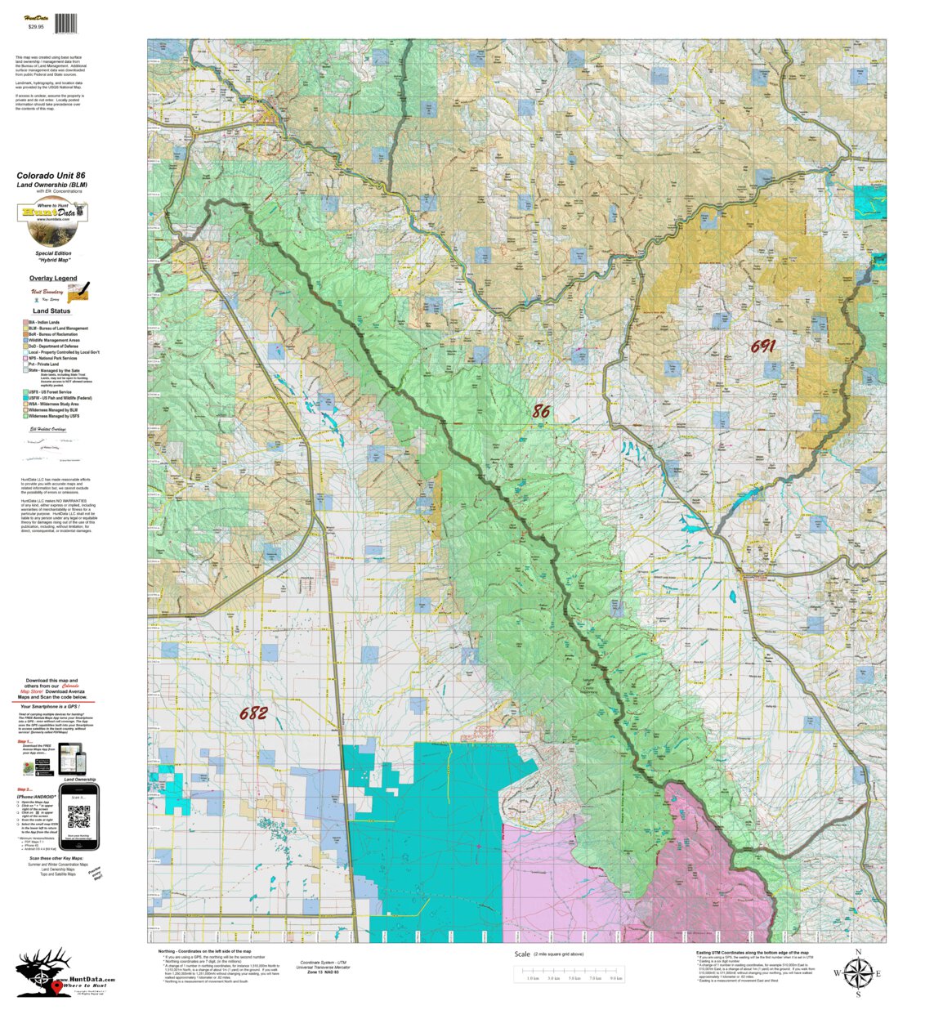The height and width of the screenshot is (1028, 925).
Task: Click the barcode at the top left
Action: (x=66, y=24)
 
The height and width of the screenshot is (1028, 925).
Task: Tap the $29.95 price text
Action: (x=35, y=27)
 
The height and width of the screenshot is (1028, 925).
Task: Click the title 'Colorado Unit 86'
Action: (x=51, y=176)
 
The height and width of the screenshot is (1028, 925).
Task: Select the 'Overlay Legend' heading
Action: (x=53, y=279)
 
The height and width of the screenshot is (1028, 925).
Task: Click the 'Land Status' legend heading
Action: (x=51, y=311)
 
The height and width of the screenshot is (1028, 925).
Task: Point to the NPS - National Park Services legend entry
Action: (x=53, y=358)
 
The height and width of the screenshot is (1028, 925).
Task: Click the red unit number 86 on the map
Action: (x=541, y=412)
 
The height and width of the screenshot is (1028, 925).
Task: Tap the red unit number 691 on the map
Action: (x=762, y=346)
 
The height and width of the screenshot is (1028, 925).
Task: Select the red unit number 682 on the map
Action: (x=253, y=713)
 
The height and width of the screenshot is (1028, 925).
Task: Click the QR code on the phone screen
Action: (x=78, y=816)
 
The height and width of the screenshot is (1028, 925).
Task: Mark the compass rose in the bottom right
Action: (x=857, y=973)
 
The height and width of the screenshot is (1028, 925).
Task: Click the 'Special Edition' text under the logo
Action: (x=53, y=253)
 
